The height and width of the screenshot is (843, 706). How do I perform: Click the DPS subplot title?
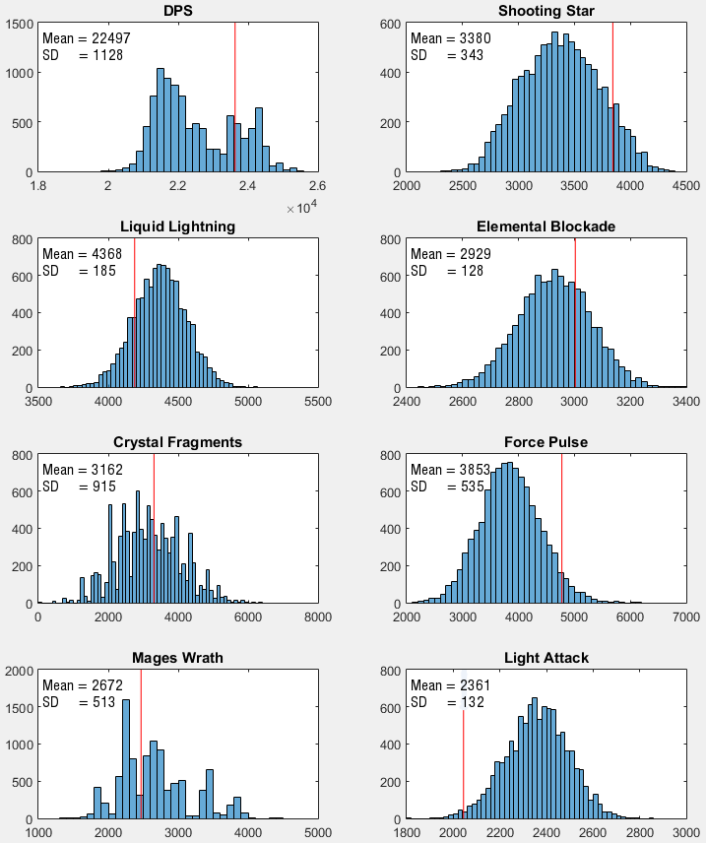177,11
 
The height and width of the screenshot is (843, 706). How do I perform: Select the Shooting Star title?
546,11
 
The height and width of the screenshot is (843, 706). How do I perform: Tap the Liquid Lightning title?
177,227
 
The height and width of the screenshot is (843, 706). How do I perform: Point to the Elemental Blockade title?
546,227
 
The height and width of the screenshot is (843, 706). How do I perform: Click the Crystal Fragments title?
177,442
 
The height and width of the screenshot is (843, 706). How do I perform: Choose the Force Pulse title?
546,442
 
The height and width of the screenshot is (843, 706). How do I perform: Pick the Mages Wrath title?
177,658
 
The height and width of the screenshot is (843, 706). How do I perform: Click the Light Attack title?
546,658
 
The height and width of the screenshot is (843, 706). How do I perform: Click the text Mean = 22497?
87,38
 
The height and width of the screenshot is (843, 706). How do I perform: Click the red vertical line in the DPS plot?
234,98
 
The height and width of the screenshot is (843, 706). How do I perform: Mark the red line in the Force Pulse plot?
562,532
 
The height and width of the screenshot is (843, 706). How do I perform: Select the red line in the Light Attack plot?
463,758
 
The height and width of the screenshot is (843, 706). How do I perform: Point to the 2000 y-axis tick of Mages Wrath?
21,671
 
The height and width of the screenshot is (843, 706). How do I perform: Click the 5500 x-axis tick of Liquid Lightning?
317,402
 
